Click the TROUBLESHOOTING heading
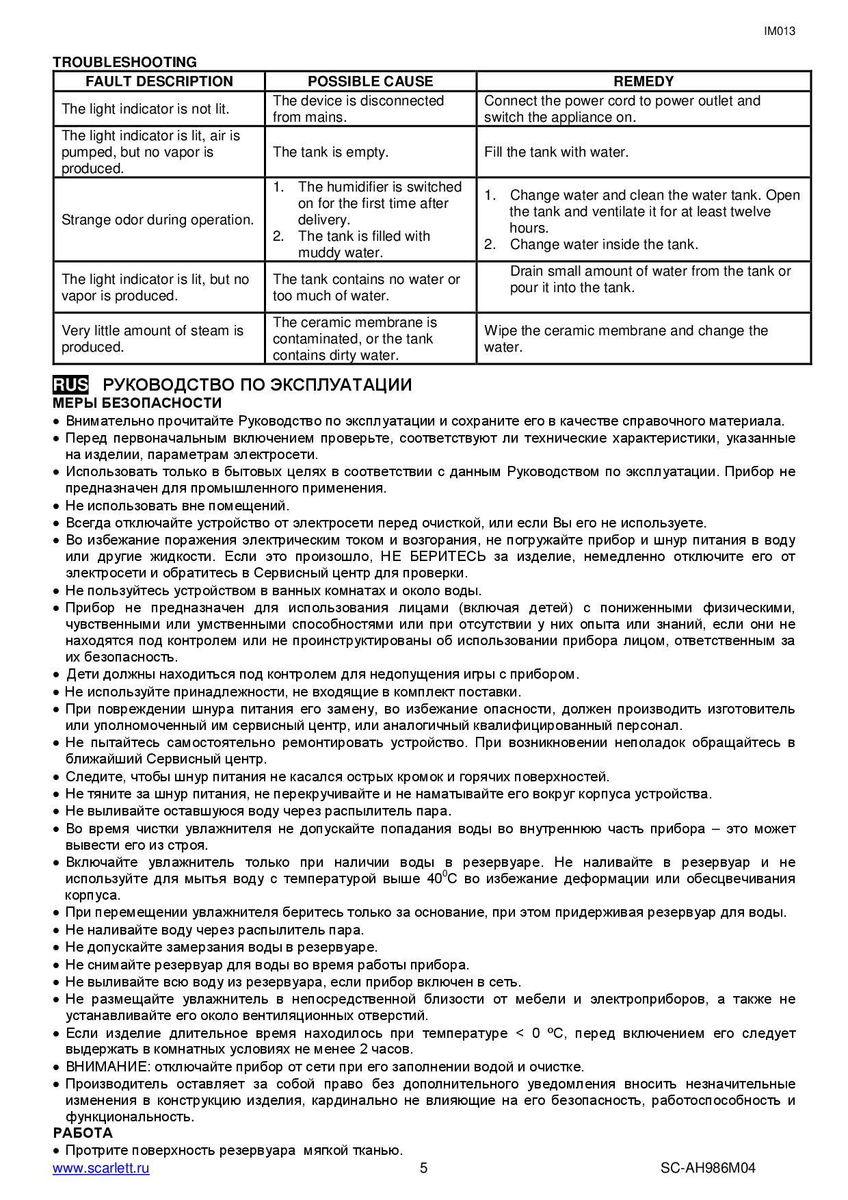click(x=124, y=62)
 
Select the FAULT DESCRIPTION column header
click(x=159, y=81)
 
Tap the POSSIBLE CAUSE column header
click(x=370, y=81)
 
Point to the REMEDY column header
click(x=644, y=81)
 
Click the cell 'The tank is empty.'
click(x=330, y=152)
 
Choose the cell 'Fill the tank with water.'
click(x=556, y=152)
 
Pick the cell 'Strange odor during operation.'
click(x=157, y=220)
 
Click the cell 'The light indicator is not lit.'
click(x=145, y=109)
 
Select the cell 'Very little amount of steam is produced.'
click(x=152, y=339)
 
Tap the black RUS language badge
click(x=70, y=384)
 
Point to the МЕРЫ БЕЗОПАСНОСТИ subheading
click(x=137, y=403)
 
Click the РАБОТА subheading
click(x=83, y=1132)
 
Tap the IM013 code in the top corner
click(x=779, y=31)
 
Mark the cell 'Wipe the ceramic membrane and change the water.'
click(x=626, y=339)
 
